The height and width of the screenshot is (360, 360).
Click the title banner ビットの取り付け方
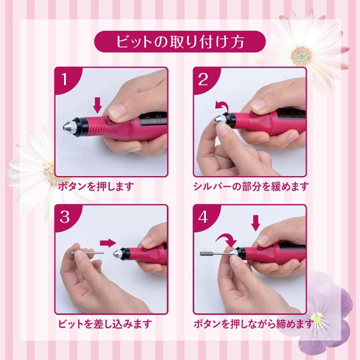point(180,42)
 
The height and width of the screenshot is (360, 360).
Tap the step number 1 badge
point(65,79)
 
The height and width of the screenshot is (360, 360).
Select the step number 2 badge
point(204,79)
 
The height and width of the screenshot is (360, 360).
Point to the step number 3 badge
point(65,217)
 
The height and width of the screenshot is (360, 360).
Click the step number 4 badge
point(204,217)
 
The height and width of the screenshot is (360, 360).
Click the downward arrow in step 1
point(97,105)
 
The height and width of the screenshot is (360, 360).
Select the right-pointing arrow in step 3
point(108,243)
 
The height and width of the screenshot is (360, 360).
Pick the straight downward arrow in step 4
point(256,223)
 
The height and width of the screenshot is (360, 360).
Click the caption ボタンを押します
point(96,186)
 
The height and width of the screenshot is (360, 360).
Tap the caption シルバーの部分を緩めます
point(251,186)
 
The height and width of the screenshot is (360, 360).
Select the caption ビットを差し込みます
point(105,324)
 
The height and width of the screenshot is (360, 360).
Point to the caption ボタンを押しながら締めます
point(254,324)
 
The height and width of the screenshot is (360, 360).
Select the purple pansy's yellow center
point(318,318)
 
